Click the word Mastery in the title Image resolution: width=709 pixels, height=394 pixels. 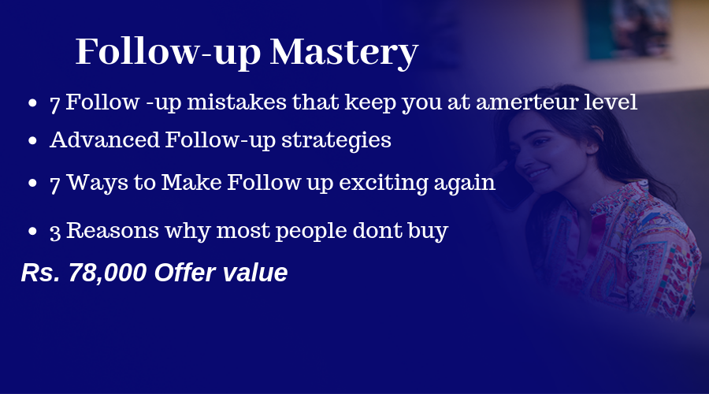(344, 53)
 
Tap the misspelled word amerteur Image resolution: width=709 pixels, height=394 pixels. (527, 102)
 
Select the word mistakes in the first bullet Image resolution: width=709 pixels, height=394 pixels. (236, 102)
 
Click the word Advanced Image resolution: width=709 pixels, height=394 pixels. (105, 139)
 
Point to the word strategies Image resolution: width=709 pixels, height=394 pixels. (336, 141)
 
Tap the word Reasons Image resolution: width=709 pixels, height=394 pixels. (113, 231)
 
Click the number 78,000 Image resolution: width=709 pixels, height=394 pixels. (108, 273)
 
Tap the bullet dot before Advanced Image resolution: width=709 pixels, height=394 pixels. (32, 141)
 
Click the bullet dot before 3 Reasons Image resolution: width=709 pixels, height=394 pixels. (32, 232)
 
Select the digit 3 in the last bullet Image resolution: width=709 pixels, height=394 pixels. (55, 232)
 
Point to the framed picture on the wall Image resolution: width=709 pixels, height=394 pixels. (629, 28)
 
